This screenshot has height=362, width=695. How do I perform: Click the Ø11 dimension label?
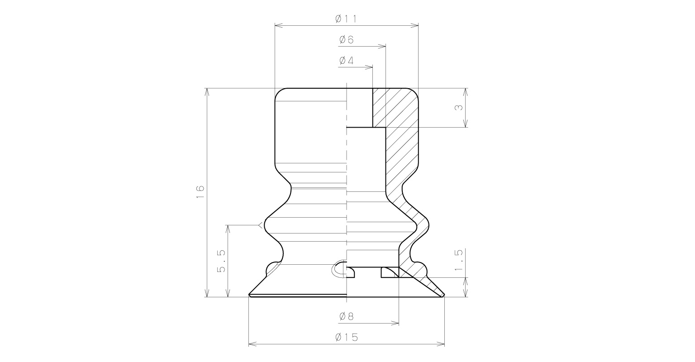click(346, 19)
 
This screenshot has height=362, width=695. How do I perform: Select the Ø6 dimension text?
click(347, 40)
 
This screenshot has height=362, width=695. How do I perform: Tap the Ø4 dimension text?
click(347, 61)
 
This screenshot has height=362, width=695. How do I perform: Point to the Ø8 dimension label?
click(347, 316)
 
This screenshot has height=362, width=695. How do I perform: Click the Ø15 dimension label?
click(347, 337)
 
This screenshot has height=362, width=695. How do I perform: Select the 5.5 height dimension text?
click(221, 261)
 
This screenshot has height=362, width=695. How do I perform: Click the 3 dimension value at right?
click(459, 107)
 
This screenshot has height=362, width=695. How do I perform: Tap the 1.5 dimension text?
click(459, 260)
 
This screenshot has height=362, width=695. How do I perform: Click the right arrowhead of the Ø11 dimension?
click(414, 25)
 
